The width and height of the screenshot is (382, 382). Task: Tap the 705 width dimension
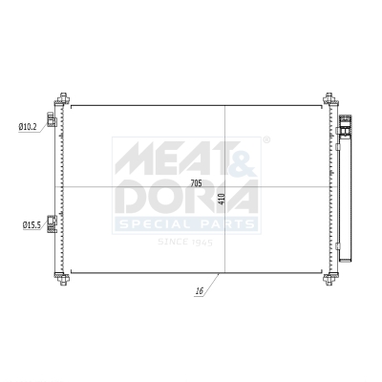coord(196,181)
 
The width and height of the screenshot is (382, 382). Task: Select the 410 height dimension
coord(221,199)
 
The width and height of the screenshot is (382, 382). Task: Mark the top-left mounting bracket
coord(63,99)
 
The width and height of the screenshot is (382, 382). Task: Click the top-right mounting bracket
coord(329,99)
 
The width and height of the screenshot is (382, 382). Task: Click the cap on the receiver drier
coord(344,121)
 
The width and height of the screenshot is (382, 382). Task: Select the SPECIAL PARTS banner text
coord(186,225)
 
